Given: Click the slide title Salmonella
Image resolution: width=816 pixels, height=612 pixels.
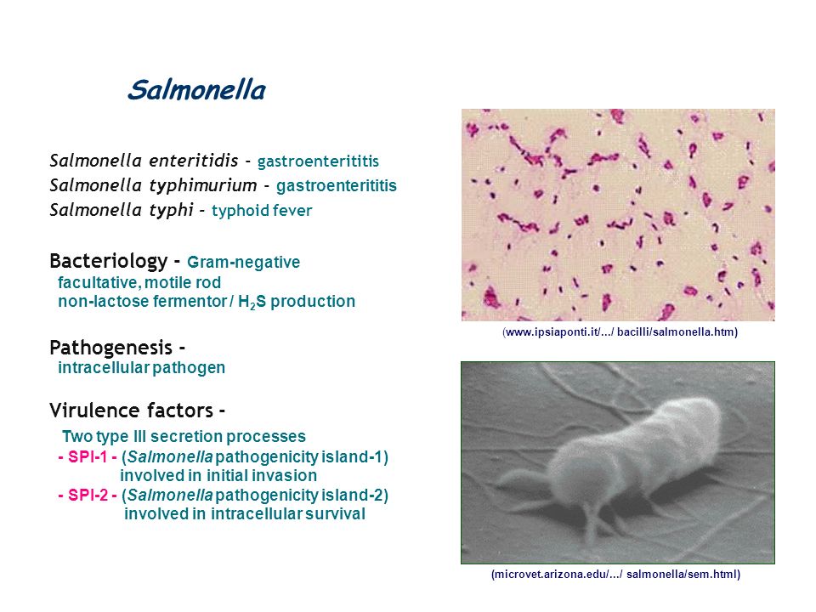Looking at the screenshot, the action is [x=196, y=90].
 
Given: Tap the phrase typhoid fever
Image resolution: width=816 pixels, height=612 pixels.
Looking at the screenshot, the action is [x=262, y=210].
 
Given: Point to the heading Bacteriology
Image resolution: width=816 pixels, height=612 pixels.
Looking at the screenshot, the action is [x=109, y=261].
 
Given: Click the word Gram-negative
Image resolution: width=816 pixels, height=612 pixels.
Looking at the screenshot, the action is [x=244, y=262].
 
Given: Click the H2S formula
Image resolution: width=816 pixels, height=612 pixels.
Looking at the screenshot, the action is [x=252, y=302].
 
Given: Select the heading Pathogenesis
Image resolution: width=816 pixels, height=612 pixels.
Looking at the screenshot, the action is [x=110, y=348].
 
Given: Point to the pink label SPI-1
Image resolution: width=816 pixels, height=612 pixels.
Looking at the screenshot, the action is [x=88, y=457].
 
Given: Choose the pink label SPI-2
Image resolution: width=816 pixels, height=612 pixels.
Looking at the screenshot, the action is [x=88, y=495].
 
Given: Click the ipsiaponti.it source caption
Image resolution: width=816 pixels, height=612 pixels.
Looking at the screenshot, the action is [x=620, y=332].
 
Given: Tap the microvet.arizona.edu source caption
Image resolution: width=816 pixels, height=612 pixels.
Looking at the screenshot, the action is [x=615, y=575].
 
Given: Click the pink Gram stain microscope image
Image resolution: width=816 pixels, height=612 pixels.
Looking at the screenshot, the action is [x=618, y=215].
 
